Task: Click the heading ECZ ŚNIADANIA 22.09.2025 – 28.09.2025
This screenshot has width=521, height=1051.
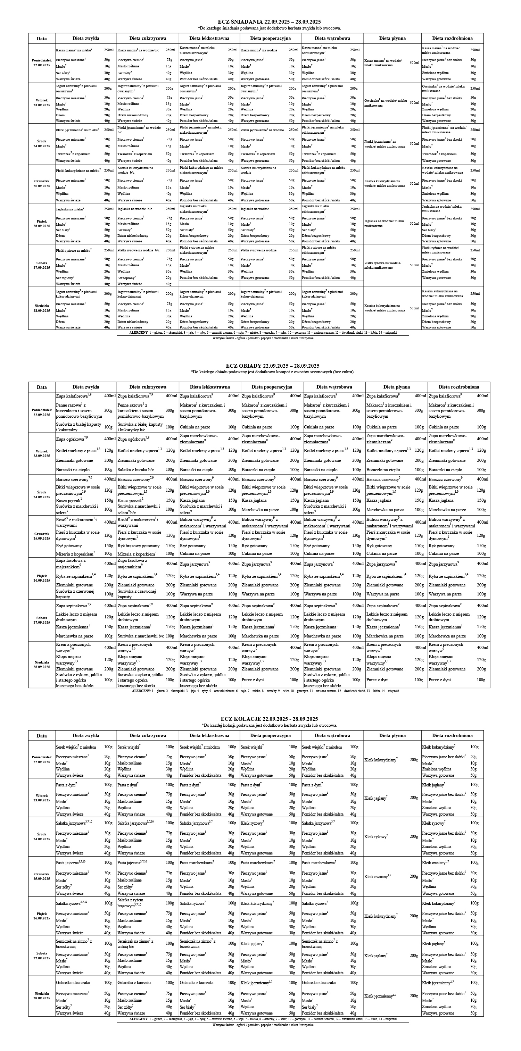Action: (x=269, y=22)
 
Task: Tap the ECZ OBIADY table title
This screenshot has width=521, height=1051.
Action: (x=273, y=366)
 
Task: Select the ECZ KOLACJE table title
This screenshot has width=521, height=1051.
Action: (x=269, y=718)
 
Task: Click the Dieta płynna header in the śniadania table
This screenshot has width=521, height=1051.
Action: (x=392, y=38)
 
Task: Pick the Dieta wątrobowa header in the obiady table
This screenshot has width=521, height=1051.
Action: (x=334, y=387)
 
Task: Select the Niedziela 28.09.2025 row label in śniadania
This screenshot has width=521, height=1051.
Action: (x=42, y=308)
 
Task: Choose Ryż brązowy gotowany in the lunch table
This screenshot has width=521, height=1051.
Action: (x=139, y=545)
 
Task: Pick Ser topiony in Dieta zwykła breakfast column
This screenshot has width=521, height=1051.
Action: (x=65, y=277)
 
